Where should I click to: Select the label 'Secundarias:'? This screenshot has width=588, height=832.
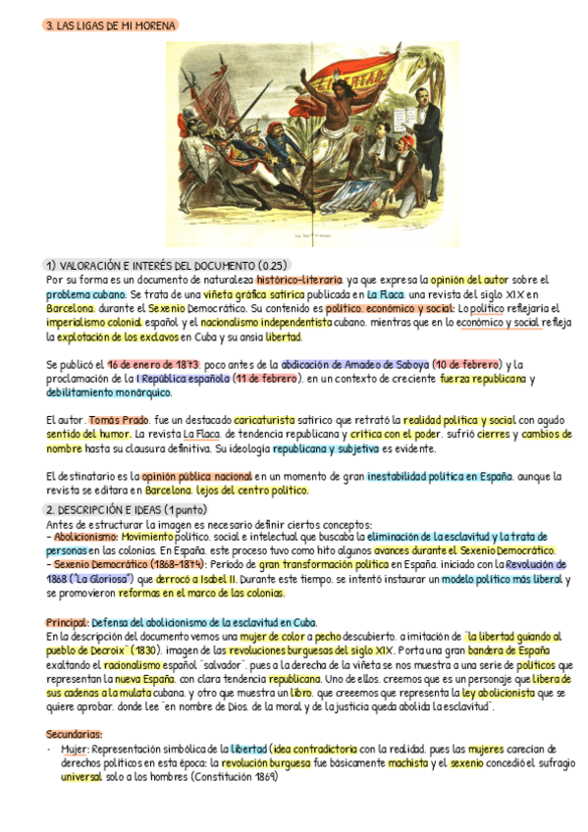(74, 734)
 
